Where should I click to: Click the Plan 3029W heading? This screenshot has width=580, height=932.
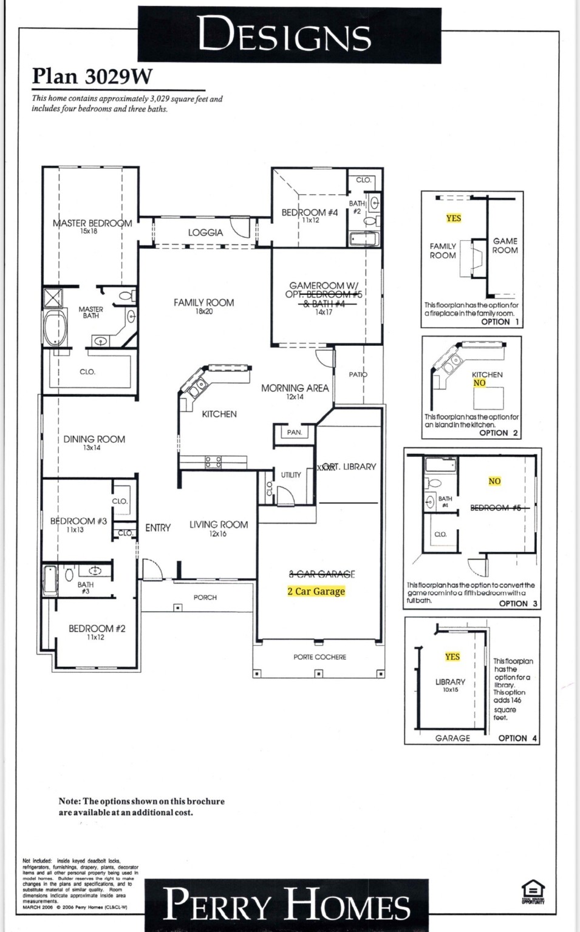click(x=92, y=76)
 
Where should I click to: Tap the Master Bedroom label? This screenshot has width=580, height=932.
click(x=92, y=224)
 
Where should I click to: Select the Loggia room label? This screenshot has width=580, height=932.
click(x=205, y=232)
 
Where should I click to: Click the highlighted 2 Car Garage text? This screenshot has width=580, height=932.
click(x=316, y=591)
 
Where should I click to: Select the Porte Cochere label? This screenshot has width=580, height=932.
click(x=319, y=657)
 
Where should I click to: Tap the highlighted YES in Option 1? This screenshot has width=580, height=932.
click(x=453, y=218)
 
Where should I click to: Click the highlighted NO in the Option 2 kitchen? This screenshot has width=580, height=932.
click(x=480, y=383)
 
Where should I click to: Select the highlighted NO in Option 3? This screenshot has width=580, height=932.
click(x=494, y=481)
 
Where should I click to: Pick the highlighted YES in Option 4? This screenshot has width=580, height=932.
click(x=452, y=657)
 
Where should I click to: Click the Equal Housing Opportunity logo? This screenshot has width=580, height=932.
click(x=533, y=891)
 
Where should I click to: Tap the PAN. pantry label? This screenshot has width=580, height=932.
click(x=295, y=433)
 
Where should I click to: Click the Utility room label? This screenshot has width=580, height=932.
click(x=291, y=475)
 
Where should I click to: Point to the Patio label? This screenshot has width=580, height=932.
click(x=358, y=374)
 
